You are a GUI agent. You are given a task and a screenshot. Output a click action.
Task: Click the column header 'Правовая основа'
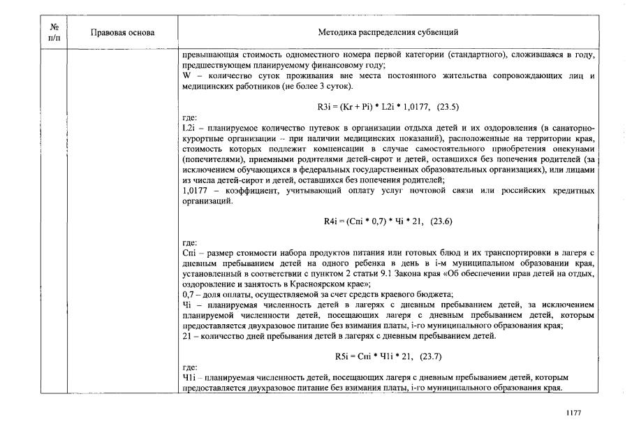tap(122, 33)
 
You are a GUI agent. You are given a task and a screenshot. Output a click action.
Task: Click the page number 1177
tap(573, 413)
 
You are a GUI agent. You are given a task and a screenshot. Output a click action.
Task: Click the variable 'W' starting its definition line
tap(185, 75)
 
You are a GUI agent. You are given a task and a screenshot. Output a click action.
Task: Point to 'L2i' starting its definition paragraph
tap(187, 129)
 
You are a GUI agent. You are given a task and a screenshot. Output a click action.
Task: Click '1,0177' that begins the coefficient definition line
tap(192, 191)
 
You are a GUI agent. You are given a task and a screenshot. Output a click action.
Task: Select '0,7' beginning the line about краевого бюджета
tap(187, 295)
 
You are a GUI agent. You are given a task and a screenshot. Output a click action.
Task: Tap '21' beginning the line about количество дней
tap(186, 337)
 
